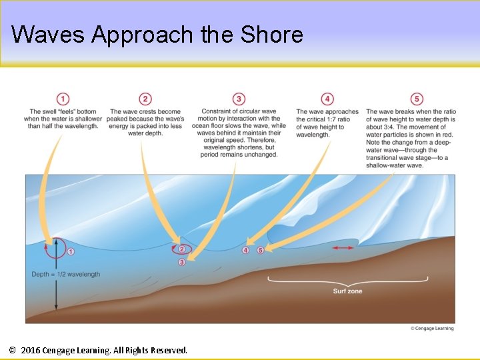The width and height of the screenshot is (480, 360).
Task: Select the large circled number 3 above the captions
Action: (239, 99)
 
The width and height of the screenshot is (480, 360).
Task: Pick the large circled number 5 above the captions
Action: (417, 99)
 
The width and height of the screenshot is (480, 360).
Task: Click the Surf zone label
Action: (347, 291)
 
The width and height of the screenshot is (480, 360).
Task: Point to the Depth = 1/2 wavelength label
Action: (66, 274)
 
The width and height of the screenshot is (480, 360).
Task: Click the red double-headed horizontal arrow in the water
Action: (343, 247)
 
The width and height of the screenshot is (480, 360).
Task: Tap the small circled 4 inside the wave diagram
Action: (245, 250)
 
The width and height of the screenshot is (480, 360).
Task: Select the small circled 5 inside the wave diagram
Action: (261, 250)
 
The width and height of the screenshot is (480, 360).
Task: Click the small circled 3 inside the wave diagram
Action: (182, 262)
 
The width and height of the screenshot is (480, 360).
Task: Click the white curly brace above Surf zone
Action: (347, 280)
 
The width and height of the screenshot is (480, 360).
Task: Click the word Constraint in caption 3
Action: (216, 111)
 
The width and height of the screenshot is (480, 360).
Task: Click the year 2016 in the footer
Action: (31, 350)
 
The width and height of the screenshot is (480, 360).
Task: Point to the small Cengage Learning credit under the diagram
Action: (431, 328)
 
